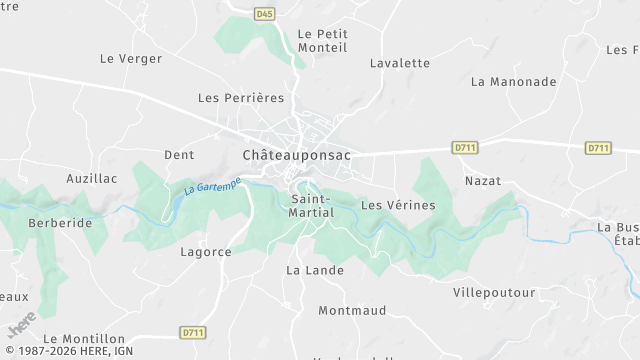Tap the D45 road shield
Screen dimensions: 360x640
(264, 14)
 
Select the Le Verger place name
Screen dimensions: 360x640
(131, 59)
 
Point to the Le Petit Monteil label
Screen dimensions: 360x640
(322, 40)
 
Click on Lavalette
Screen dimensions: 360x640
(399, 63)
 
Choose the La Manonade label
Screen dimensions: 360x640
(513, 81)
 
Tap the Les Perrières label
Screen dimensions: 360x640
(241, 98)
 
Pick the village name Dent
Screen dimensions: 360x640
(179, 155)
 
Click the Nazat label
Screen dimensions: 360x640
(483, 181)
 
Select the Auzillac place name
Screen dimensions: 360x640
(92, 179)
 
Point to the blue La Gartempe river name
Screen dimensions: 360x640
(212, 185)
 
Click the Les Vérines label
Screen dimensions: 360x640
(398, 205)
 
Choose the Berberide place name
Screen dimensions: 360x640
(60, 223)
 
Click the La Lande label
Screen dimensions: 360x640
(314, 270)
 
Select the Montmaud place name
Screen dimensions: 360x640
(352, 311)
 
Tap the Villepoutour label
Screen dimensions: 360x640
(494, 293)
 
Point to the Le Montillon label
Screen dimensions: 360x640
(85, 339)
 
